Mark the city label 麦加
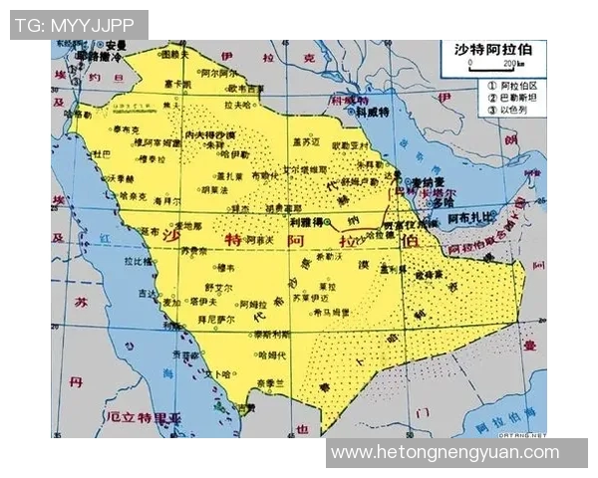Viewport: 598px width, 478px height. (171, 302)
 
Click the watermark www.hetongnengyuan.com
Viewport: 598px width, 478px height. (445, 452)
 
